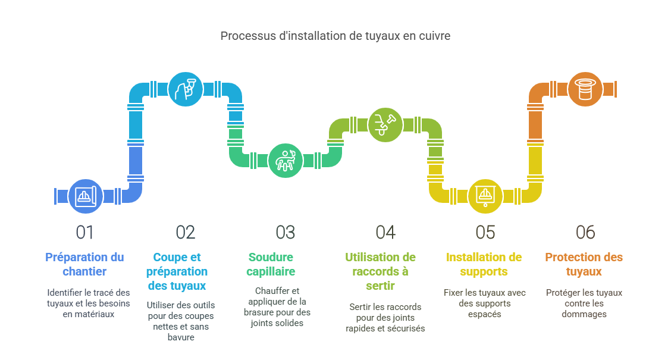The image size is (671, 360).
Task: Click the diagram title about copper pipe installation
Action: click(335, 36)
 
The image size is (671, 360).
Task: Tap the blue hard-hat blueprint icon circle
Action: click(86, 196)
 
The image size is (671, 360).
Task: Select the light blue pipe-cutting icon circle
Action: click(186, 89)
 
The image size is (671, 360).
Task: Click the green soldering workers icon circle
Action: click(286, 160)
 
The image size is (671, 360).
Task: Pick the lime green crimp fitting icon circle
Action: click(385, 124)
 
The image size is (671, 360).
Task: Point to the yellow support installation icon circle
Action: click(485, 196)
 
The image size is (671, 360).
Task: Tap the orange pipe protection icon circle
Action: click(585, 89)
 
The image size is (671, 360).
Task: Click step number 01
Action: click(85, 233)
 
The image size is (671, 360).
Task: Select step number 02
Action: click(186, 233)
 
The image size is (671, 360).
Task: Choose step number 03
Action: click(286, 233)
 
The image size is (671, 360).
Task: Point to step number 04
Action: click(385, 233)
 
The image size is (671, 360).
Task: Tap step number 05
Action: click(485, 233)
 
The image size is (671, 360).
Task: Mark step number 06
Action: click(585, 233)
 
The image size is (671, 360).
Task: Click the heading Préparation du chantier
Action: click(85, 264)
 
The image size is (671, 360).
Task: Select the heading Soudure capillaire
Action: click(272, 264)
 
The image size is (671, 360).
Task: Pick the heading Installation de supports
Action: click(484, 264)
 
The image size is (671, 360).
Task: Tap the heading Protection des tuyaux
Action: click(584, 264)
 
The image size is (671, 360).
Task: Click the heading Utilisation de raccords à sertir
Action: click(381, 271)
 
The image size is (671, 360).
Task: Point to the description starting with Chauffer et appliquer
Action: click(278, 306)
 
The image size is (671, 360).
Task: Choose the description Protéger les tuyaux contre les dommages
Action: click(584, 303)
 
